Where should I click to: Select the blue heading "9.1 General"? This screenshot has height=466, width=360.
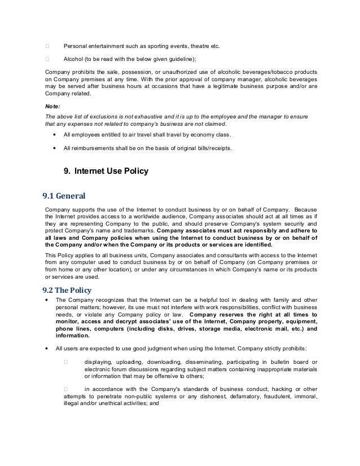[64, 196]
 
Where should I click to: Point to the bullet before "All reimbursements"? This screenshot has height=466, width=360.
[53, 149]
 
